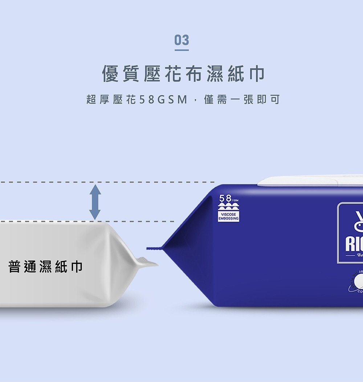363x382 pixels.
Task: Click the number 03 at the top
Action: [181, 40]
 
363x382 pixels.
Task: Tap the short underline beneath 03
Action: [181, 50]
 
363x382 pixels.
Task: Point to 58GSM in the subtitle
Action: [162, 99]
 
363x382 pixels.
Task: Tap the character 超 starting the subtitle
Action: [91, 99]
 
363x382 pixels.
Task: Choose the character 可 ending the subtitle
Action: [276, 99]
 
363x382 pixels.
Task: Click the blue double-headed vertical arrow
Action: [95, 202]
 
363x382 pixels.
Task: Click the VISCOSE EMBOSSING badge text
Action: [228, 216]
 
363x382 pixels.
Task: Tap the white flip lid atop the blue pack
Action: [309, 181]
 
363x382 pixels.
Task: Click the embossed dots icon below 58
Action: [228, 207]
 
